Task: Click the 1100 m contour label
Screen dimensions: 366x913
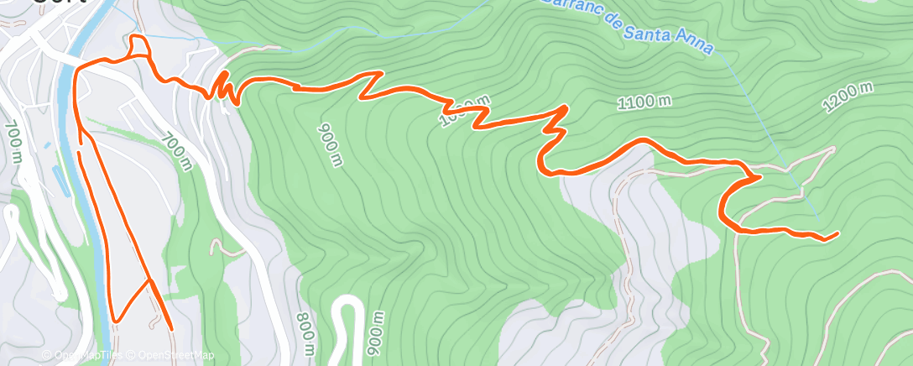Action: [644, 102]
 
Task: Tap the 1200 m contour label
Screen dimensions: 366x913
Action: [848, 97]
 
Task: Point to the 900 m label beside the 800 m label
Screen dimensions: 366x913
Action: [378, 333]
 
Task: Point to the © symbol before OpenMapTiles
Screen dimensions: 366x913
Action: [47, 355]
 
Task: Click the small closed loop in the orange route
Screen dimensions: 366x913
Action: [139, 45]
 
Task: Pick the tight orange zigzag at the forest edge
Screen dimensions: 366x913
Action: [223, 87]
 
